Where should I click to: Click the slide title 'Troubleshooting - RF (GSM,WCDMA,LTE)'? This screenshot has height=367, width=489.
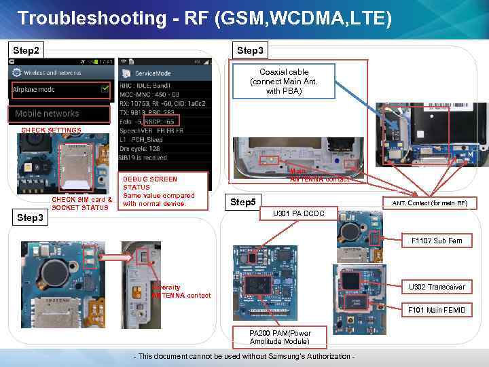pyautogui.click(x=204, y=18)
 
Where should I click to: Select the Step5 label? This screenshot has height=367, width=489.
pyautogui.click(x=242, y=202)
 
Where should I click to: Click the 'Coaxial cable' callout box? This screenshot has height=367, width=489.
pyautogui.click(x=283, y=81)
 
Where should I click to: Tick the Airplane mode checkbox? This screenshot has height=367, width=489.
pyautogui.click(x=104, y=88)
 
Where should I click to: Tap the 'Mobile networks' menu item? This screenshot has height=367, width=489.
pyautogui.click(x=47, y=113)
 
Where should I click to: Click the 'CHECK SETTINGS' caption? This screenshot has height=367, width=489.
pyautogui.click(x=51, y=130)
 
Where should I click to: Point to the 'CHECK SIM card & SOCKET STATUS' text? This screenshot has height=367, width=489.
pyautogui.click(x=82, y=203)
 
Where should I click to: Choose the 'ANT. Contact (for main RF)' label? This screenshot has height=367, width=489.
pyautogui.click(x=429, y=203)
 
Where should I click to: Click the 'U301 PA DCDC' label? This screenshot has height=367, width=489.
pyautogui.click(x=298, y=214)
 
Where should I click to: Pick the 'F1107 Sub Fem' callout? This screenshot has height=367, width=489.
pyautogui.click(x=437, y=241)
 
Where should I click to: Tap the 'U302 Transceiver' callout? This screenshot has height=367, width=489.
pyautogui.click(x=437, y=287)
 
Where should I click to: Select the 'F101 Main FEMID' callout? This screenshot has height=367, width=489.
pyautogui.click(x=437, y=310)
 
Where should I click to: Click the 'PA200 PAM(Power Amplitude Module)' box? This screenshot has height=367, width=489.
pyautogui.click(x=280, y=337)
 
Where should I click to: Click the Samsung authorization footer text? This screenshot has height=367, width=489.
pyautogui.click(x=245, y=357)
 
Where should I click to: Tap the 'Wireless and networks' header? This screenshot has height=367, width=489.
pyautogui.click(x=53, y=73)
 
